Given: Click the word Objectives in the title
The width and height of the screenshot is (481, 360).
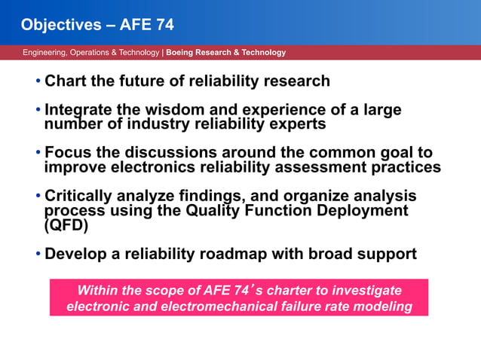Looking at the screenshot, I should (x=58, y=25).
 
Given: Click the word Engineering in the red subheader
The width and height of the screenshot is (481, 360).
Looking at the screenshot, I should (x=44, y=53).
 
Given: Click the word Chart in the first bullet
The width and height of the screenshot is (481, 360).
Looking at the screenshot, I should (x=66, y=81).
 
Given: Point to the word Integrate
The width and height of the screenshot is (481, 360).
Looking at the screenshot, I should (x=79, y=110).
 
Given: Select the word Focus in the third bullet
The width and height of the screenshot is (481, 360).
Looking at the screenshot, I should (x=66, y=153).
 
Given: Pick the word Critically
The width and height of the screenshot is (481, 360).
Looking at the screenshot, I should (x=79, y=197).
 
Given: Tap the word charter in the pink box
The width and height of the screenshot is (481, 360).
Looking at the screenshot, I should (x=283, y=291).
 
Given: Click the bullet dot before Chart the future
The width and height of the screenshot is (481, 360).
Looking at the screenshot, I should (x=38, y=81).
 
